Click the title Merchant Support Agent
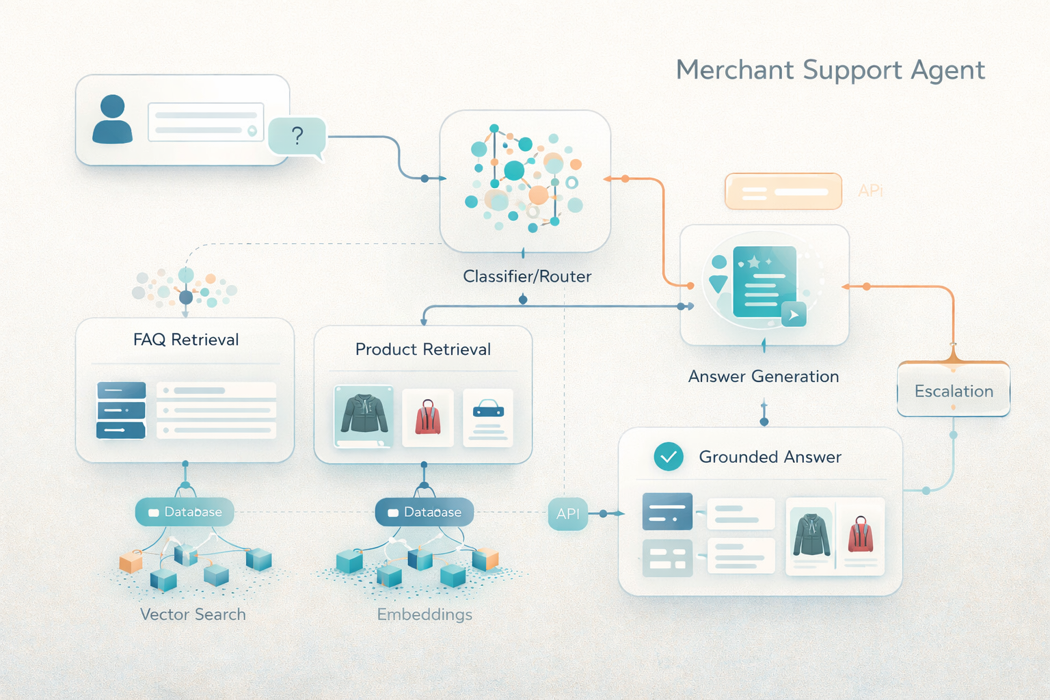(x=830, y=70)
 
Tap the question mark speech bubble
(x=297, y=136)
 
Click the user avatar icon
(x=112, y=119)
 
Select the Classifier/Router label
(x=527, y=276)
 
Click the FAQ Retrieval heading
(x=186, y=340)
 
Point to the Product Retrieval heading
(x=423, y=349)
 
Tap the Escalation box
(x=954, y=391)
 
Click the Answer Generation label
(x=764, y=377)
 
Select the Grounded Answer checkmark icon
(x=669, y=457)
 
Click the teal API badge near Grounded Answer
(x=567, y=513)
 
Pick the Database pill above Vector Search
(x=185, y=512)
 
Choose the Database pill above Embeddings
(x=425, y=512)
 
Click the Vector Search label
(x=193, y=615)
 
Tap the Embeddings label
(x=425, y=615)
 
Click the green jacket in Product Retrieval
(x=364, y=414)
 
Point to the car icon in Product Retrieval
(x=488, y=410)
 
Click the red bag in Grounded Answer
(x=861, y=535)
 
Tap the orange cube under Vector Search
(x=131, y=562)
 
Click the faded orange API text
(x=870, y=191)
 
